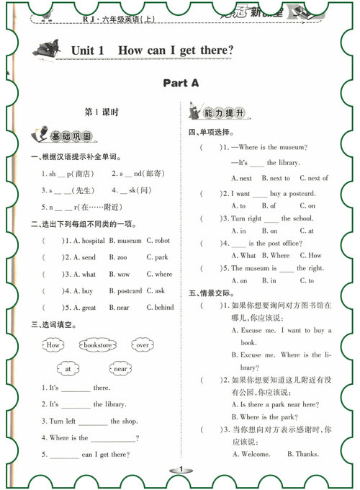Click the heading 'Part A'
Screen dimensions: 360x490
[x=181, y=83]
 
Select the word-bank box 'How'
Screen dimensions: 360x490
[x=54, y=345]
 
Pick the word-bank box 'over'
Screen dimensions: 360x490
[x=143, y=345]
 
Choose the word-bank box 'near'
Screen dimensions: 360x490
[x=120, y=369]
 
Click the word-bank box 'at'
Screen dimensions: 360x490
[x=68, y=369]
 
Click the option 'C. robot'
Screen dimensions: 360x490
[x=158, y=240]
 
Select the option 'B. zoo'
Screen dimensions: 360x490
[x=118, y=257]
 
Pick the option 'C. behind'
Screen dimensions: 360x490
[x=160, y=307]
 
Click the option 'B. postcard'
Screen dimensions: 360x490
[x=125, y=290]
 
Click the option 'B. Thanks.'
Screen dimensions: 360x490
[x=302, y=454]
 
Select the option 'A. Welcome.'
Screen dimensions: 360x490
[x=251, y=454]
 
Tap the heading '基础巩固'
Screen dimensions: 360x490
[x=71, y=137]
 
